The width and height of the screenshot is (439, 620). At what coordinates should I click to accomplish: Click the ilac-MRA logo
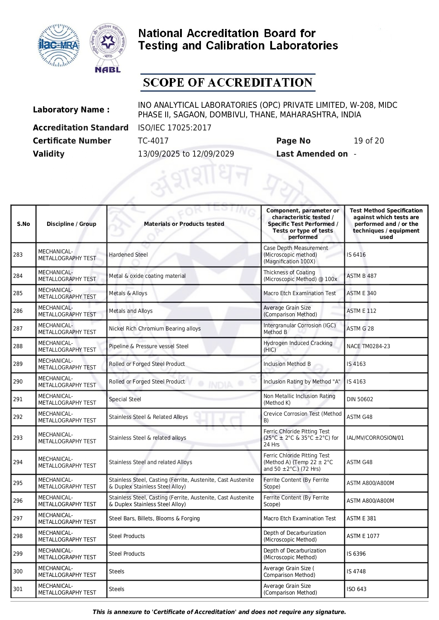coord(58,45)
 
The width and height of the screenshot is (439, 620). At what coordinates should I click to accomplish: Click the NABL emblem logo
coord(108,48)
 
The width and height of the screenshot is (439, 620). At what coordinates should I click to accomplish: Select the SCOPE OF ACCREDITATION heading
coord(227,83)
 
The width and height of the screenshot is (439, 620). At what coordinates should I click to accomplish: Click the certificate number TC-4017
coord(153,141)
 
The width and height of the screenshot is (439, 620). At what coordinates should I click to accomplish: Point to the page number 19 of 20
coord(369,141)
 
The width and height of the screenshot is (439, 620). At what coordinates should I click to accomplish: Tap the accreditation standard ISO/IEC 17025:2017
coord(174,128)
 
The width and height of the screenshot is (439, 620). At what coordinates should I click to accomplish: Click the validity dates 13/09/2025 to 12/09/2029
coord(186,154)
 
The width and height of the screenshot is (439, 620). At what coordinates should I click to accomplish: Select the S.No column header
coord(23,224)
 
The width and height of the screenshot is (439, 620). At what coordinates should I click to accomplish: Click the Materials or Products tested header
coord(184,224)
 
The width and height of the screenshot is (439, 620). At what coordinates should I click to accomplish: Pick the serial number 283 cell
coord(18,255)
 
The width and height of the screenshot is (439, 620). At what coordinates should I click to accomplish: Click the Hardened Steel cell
coord(128,255)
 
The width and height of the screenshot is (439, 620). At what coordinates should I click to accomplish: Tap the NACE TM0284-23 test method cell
coord(368,346)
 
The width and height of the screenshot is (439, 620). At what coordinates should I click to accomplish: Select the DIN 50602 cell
coord(360,399)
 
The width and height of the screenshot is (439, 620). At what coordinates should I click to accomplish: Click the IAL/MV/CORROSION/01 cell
coord(375,438)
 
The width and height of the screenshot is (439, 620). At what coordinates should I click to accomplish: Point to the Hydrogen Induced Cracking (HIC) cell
coord(298,346)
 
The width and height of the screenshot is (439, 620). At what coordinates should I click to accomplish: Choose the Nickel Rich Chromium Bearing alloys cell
coord(155,328)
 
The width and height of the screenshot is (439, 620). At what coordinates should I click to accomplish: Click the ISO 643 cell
coord(357,589)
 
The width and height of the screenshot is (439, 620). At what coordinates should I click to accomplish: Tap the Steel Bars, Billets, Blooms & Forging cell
coord(154,518)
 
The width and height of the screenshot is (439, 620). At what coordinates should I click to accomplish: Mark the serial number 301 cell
coord(18,589)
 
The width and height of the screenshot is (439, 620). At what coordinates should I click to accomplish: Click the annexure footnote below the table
coord(219,612)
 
